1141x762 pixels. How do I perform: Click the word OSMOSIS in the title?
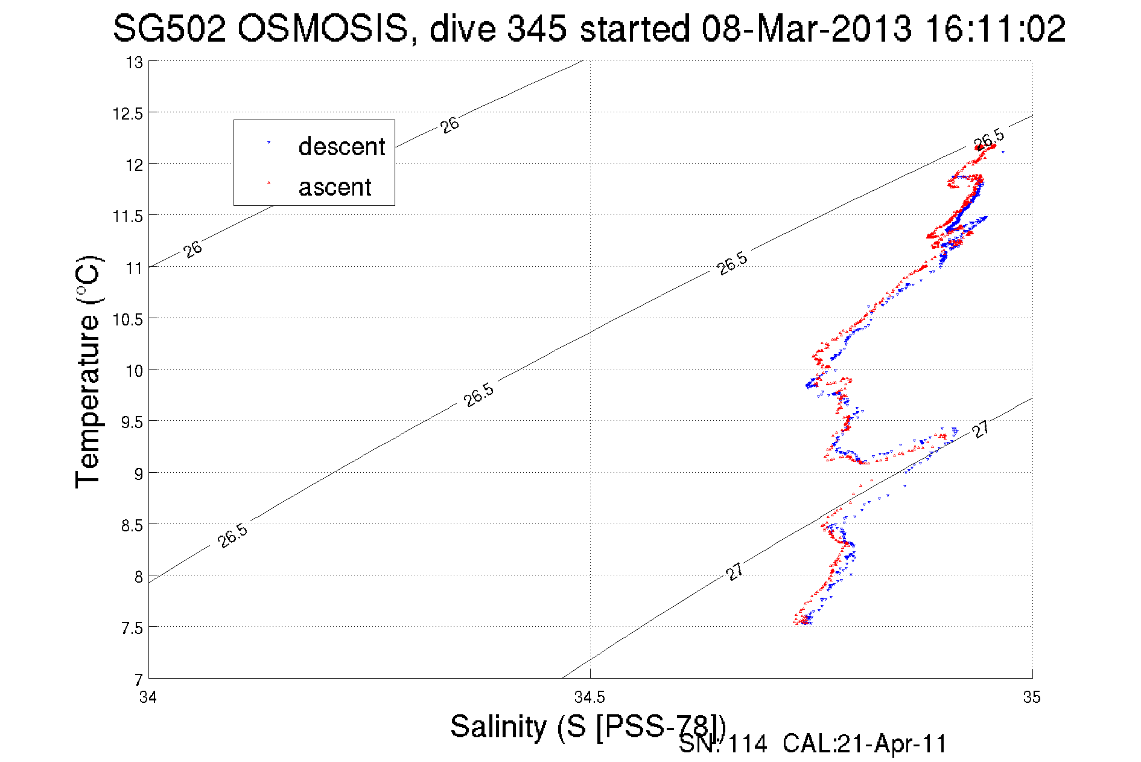point(322,29)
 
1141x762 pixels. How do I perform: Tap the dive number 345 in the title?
point(536,29)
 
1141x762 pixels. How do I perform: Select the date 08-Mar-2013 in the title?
point(806,29)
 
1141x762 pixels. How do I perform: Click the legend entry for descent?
point(341,147)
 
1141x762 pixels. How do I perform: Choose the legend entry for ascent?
point(335,187)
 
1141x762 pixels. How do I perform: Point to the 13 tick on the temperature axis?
point(135,62)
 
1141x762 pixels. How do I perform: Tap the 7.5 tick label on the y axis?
point(132,629)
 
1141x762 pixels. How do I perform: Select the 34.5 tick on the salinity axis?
point(590,697)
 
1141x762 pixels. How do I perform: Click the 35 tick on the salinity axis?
point(1032,697)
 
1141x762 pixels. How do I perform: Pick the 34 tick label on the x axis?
point(148,697)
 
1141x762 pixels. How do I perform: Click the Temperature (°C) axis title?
point(88,372)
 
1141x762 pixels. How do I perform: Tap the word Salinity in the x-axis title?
point(498,726)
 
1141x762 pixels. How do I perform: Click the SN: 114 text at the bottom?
point(723,744)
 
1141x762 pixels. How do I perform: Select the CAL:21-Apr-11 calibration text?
point(865,744)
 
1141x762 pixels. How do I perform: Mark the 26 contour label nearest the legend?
point(450,125)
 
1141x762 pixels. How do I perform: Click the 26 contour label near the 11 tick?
point(192,249)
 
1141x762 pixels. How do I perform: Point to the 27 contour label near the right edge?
point(980,429)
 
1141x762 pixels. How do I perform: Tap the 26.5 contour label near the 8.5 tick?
point(233,536)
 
